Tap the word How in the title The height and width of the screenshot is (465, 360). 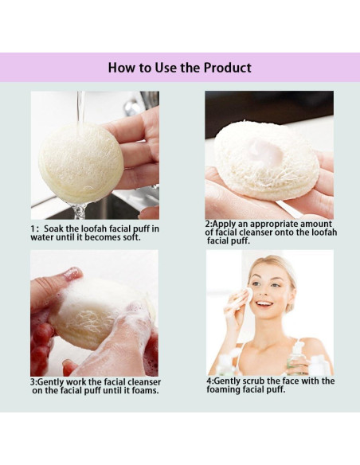tap(123, 68)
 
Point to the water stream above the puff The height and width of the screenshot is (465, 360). tap(81, 107)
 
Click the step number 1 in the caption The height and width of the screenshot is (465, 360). tap(33, 229)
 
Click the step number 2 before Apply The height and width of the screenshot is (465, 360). tap(208, 225)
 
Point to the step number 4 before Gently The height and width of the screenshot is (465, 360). tap(209, 381)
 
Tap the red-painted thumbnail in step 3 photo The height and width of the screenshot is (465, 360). tap(72, 273)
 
